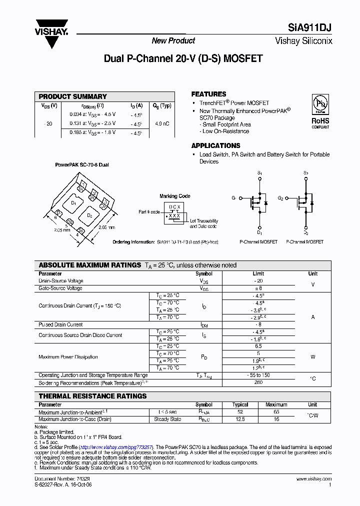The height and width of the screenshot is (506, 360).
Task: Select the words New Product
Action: pos(173,41)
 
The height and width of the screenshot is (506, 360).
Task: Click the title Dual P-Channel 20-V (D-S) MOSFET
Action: pos(183,58)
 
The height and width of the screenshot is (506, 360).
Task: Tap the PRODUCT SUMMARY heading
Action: pos(73,96)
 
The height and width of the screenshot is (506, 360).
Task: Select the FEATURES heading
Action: pos(208,94)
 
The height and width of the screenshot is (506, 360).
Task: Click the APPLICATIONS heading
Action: pos(215,145)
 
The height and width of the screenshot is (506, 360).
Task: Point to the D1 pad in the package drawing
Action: pos(73,203)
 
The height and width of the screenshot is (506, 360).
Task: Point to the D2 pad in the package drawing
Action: pos(89,215)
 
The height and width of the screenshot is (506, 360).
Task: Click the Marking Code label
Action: pos(174,196)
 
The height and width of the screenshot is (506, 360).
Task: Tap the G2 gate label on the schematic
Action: pos(280,198)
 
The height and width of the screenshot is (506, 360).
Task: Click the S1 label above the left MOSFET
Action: pos(259,173)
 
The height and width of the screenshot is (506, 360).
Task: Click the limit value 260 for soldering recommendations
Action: pos(258,383)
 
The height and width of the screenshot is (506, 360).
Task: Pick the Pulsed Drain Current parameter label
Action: pos(60,324)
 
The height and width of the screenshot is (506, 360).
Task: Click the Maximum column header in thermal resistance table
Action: pos(276,404)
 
